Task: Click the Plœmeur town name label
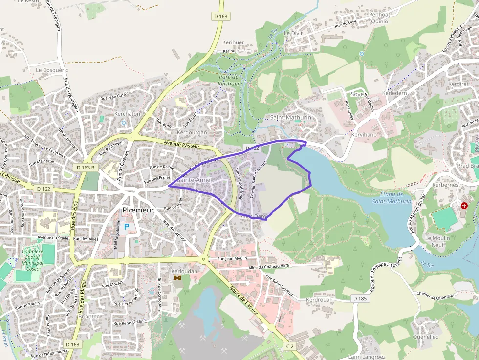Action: (x=138, y=210)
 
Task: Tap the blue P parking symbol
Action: (x=127, y=227)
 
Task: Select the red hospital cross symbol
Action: (x=464, y=206)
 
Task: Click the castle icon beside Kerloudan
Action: (x=177, y=278)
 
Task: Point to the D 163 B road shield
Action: (x=85, y=168)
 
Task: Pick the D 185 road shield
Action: (x=359, y=298)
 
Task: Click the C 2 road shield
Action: (x=290, y=346)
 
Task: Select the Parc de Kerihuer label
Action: (x=228, y=80)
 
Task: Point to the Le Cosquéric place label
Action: (x=52, y=70)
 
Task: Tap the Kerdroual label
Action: (x=318, y=299)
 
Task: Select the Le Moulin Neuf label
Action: (x=438, y=242)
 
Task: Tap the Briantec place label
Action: (x=87, y=316)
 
